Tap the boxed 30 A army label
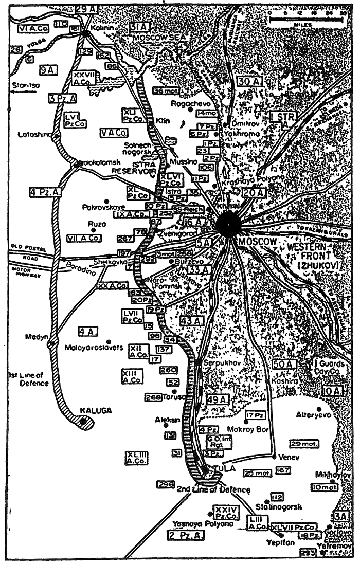point(250,81)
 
